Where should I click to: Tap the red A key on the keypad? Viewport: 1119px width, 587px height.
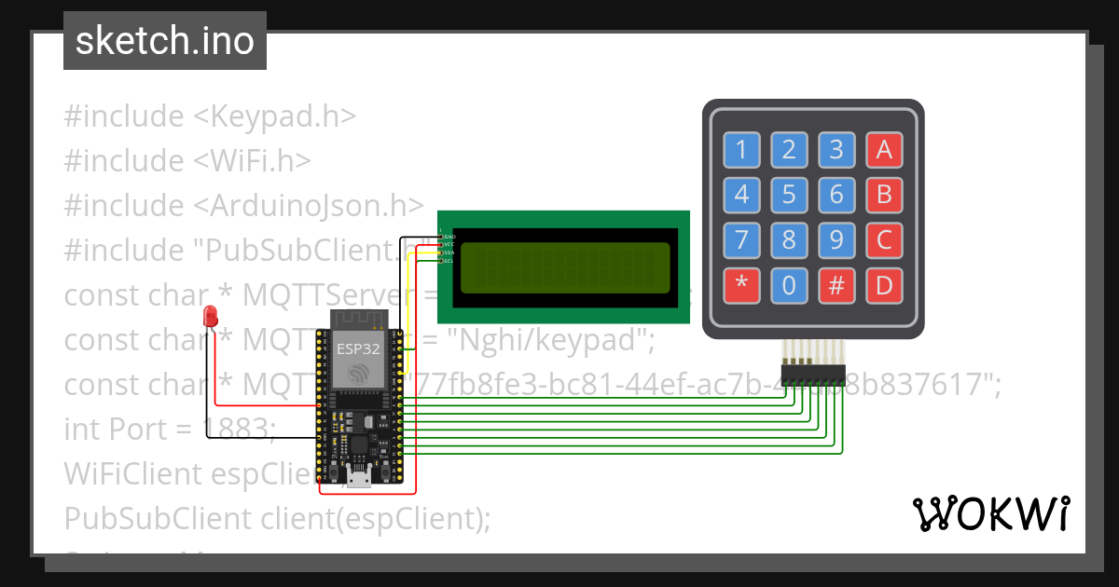click(884, 149)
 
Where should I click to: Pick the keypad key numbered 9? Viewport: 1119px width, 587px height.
click(836, 240)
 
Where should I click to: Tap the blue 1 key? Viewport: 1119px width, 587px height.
click(741, 149)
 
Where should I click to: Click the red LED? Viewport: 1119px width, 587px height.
click(212, 316)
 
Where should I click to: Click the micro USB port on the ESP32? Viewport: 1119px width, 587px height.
click(358, 480)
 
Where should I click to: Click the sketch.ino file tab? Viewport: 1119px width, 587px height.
click(165, 41)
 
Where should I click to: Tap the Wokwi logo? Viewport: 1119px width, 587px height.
click(990, 513)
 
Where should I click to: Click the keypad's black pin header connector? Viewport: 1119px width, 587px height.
click(813, 374)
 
